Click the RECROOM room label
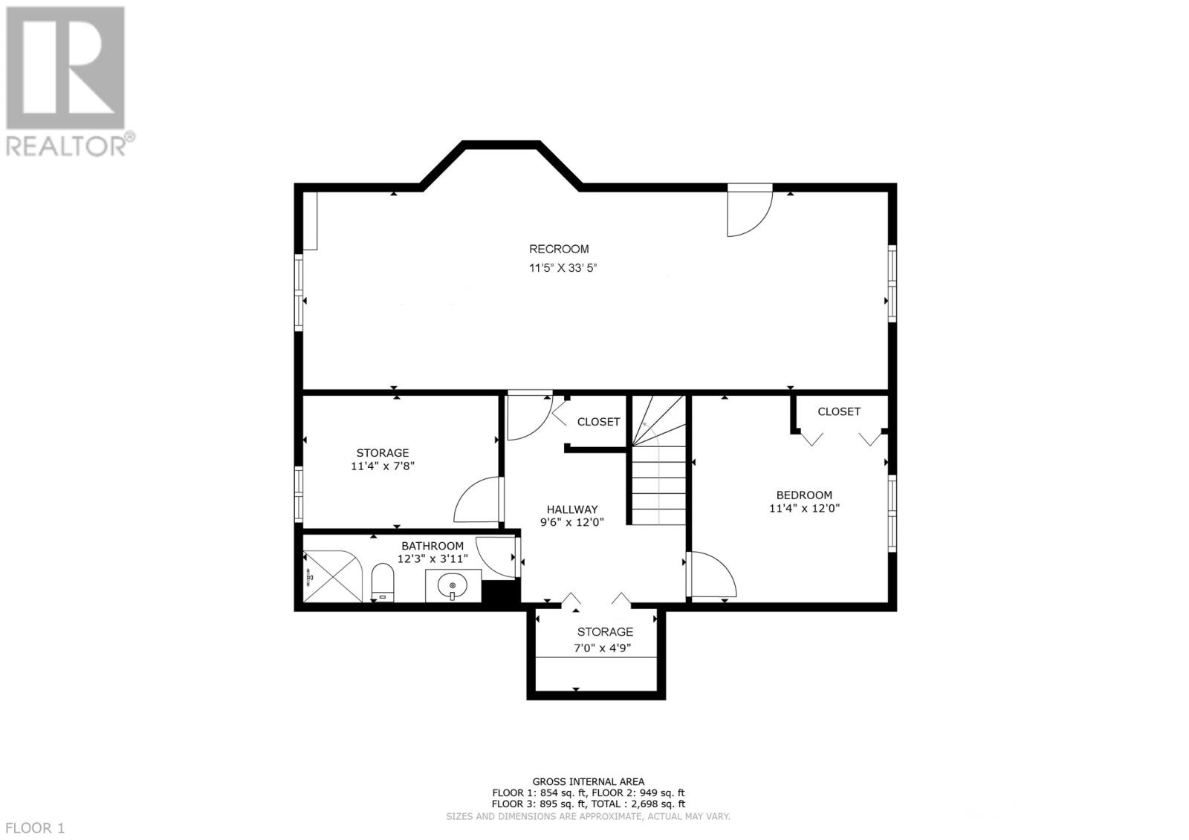559,250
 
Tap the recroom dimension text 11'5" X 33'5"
563,268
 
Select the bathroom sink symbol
453,587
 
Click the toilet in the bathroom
382,582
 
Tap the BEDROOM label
804,495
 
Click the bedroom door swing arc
713,573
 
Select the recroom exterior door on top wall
749,212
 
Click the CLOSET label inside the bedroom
839,411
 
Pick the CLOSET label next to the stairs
598,422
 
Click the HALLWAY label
572,509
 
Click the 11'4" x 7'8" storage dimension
382,466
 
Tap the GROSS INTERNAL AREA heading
588,781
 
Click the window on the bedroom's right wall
892,512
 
